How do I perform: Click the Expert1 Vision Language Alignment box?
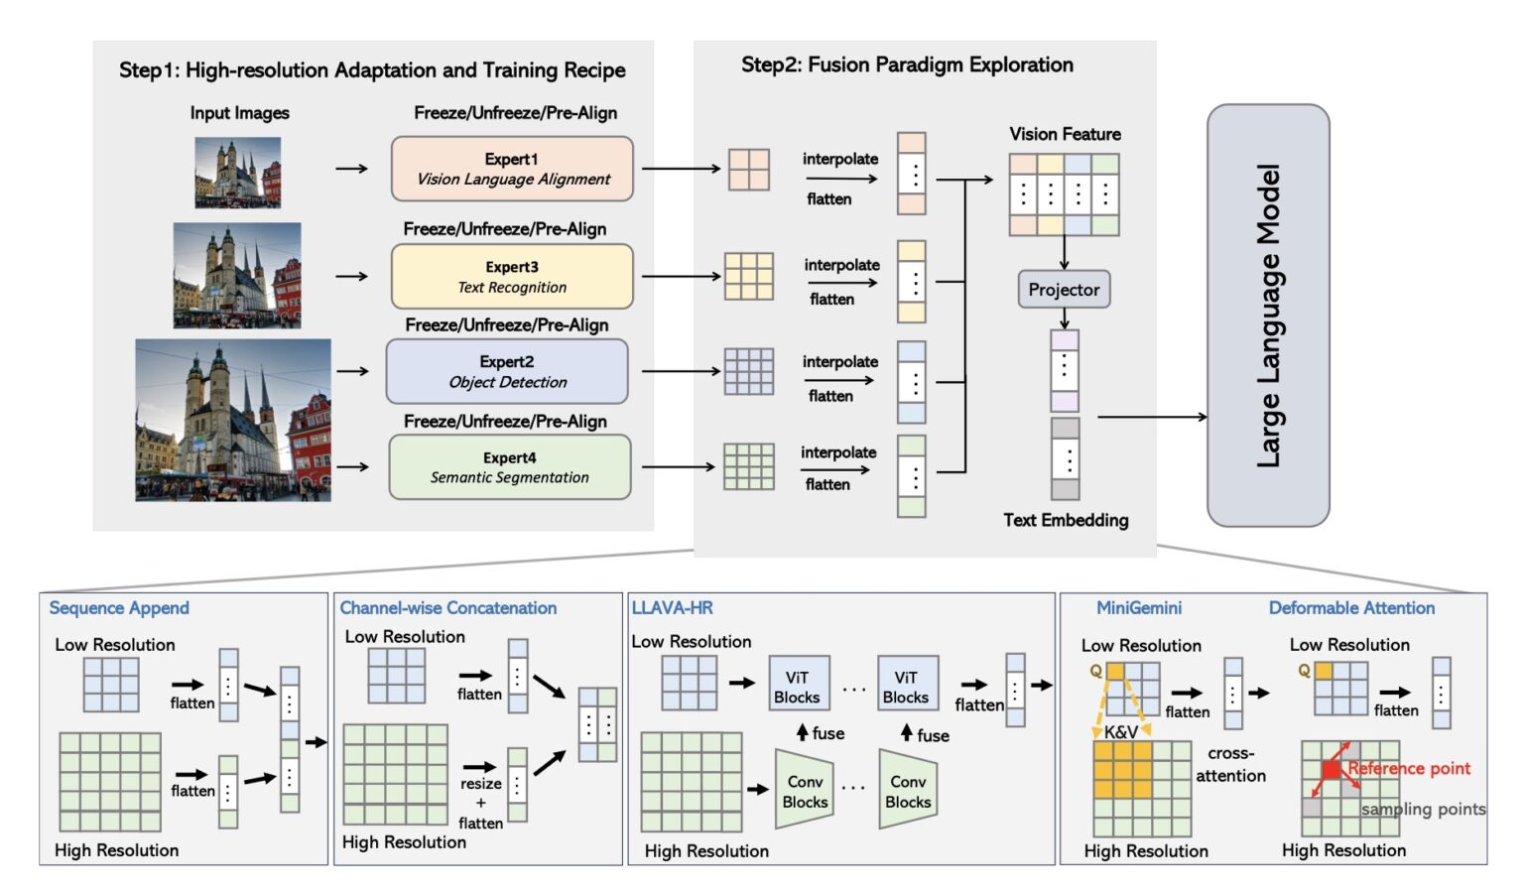point(512,169)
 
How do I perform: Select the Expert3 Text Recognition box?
point(512,277)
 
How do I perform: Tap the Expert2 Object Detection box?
point(507,371)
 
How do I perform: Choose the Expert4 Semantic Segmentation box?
point(509,467)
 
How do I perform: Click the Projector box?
point(1064,290)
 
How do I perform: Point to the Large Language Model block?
point(1267,316)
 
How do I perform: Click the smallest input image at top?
point(237,173)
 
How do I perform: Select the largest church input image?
point(233,420)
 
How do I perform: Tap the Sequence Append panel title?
point(119,608)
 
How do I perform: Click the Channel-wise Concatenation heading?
point(447,608)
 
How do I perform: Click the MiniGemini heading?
point(1139,608)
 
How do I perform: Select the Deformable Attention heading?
point(1351,608)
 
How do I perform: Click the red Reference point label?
point(1409,769)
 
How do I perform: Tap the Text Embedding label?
point(1066,520)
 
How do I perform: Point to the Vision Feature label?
point(1065,134)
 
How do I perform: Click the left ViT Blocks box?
point(798,687)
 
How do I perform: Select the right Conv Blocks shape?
point(907,792)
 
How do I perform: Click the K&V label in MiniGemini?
point(1121,732)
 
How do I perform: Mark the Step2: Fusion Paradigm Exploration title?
point(907,65)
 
